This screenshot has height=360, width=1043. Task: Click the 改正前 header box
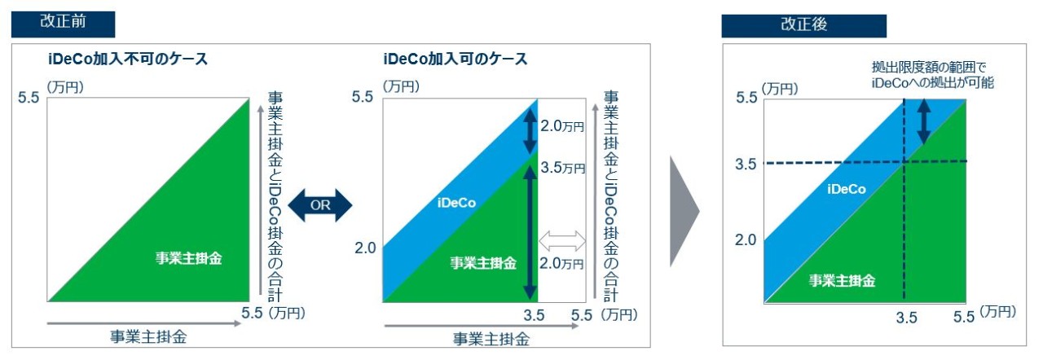coord(63,24)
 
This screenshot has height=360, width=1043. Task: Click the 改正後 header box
coord(803,25)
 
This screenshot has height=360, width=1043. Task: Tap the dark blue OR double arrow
coord(320,205)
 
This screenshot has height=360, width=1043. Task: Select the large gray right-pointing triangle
coord(684,212)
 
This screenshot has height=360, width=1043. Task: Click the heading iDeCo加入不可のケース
coord(128,59)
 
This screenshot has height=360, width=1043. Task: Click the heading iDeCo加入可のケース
coord(455,59)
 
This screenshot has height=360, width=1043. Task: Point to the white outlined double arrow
coord(562,241)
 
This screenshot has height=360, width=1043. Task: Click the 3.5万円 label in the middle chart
coord(562,168)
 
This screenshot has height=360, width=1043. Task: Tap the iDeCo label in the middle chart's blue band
coord(456,203)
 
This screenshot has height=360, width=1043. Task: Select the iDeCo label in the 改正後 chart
coord(847,189)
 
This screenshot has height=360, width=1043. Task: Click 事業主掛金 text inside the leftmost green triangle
coord(188,258)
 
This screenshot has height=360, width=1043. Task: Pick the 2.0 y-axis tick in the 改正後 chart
coord(746,240)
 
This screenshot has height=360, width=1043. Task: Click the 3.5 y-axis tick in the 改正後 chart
coord(746,165)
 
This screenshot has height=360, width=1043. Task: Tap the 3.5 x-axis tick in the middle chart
coord(534,315)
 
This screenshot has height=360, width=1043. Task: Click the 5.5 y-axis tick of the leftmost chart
coord(29,98)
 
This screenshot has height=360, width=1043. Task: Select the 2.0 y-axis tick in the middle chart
coord(365,248)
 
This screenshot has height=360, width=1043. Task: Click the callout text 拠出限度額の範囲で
coord(929,68)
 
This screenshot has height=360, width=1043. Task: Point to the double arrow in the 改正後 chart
coord(924,121)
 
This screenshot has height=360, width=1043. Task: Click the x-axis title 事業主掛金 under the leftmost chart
coord(148,336)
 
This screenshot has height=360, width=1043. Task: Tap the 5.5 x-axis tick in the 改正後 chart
coord(963,317)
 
